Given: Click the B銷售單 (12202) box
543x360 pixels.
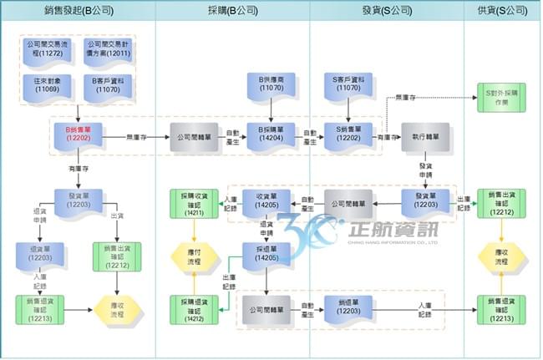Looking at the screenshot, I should [78, 137].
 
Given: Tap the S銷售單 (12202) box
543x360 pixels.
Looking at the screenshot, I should [348, 137].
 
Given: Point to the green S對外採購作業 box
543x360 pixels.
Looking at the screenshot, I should [501, 96].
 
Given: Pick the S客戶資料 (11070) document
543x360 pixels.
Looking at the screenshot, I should [348, 87].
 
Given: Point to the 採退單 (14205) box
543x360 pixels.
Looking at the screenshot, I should [266, 254].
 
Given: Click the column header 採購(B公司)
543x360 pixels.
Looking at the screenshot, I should [232, 11].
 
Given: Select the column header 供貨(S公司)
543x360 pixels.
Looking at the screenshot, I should [503, 11].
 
